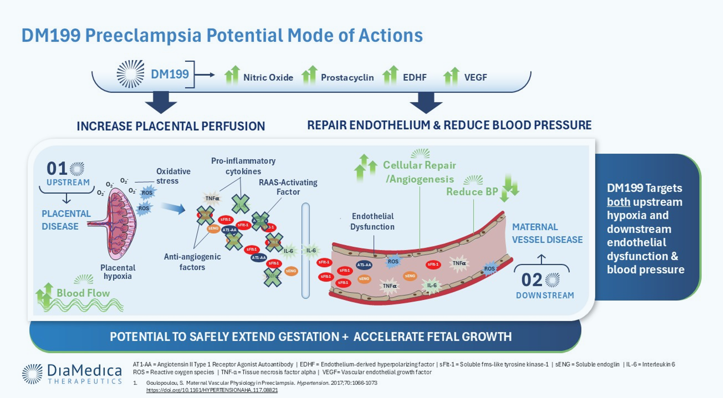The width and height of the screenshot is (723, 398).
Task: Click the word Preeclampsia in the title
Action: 143,35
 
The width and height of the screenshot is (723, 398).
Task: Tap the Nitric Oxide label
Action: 268,77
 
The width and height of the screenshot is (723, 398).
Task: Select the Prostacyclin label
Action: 347,77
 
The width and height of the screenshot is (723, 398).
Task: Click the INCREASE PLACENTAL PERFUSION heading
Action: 171,126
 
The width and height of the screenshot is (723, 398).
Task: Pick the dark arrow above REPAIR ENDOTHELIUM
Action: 426,102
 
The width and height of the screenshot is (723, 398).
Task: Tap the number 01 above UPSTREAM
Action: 57,169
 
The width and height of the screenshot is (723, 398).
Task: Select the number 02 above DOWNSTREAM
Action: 532,280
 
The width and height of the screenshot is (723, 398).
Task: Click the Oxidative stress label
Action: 173,176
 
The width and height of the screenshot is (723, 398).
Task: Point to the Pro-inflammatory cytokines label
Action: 243,166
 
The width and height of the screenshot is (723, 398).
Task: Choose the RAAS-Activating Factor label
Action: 288,187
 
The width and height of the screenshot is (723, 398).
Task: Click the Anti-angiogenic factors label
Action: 192,261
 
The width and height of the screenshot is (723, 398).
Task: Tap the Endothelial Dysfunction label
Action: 372,221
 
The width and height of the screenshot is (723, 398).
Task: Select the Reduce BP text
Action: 472,192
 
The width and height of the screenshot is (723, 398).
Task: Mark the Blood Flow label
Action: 83,293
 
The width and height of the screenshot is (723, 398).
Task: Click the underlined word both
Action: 618,202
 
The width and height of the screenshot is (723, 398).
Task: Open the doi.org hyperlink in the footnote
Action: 212,390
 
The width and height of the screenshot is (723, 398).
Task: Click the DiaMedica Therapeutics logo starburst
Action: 32,374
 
